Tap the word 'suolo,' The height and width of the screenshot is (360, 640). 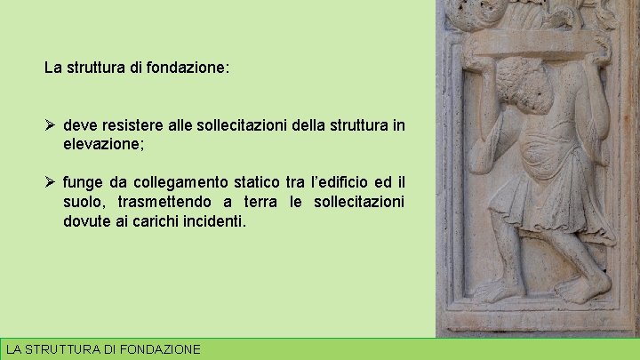[x=84, y=202]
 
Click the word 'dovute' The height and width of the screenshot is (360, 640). [x=85, y=220]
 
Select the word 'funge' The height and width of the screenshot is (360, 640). [x=82, y=183]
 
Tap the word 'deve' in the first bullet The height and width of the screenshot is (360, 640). [x=79, y=125]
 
